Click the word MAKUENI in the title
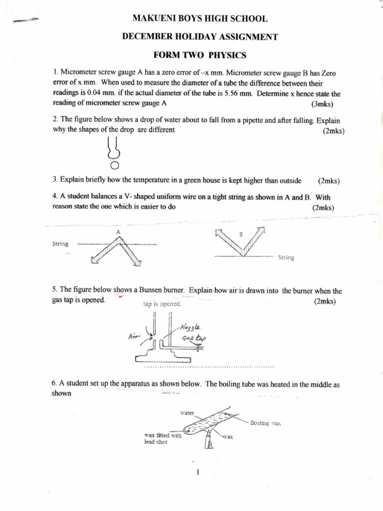[x=153, y=19]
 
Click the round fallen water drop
[x=114, y=165]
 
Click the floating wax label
[x=266, y=423]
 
